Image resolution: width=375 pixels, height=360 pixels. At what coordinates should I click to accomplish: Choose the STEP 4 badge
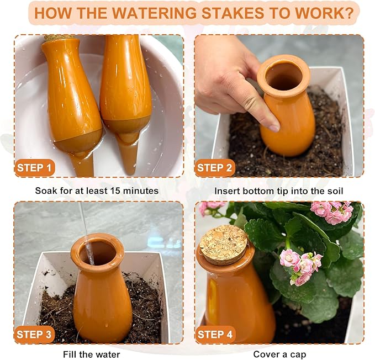(215, 334)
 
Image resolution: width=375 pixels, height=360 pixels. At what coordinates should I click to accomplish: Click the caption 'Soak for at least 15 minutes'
(97, 191)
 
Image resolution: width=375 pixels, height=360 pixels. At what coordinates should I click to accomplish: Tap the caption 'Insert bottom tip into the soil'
(279, 191)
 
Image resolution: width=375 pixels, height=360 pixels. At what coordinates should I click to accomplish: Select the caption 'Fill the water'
(93, 354)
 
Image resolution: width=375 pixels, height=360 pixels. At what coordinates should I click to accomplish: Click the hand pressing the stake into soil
(232, 77)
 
